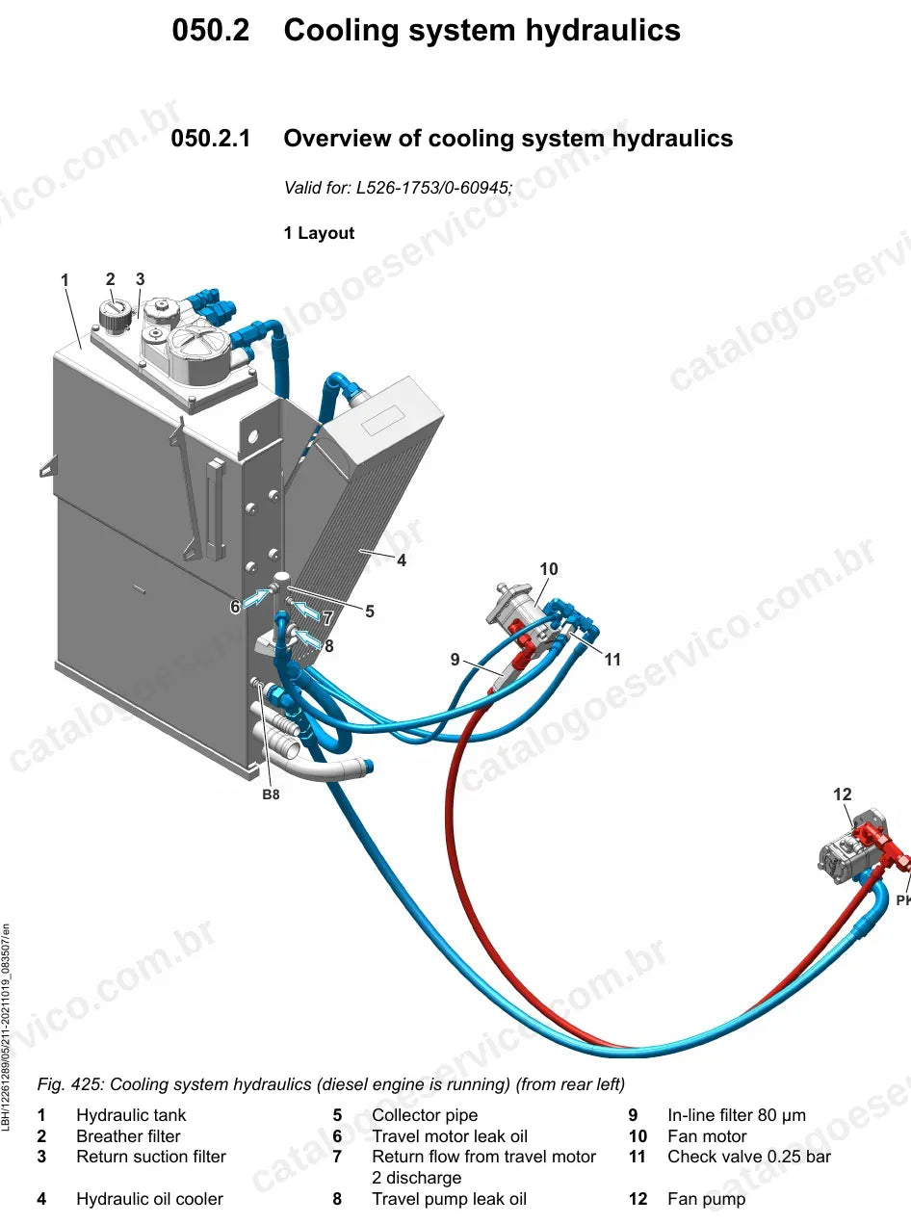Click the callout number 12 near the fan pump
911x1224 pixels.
(842, 794)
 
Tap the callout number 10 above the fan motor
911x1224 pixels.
(549, 568)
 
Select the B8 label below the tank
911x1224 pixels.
(271, 794)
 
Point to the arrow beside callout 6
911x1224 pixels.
(256, 598)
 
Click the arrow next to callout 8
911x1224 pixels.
(308, 638)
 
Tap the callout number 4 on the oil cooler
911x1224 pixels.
(402, 560)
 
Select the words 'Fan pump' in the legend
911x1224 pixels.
(706, 1199)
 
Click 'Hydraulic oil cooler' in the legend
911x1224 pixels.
(149, 1199)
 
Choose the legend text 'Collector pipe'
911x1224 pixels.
(425, 1115)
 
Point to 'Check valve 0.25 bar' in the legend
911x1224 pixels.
(749, 1157)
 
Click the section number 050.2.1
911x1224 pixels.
(211, 138)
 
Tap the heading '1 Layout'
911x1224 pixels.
(319, 233)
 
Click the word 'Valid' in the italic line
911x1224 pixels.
(301, 188)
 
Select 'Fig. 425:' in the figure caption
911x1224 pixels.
(70, 1084)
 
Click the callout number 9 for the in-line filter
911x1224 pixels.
(455, 659)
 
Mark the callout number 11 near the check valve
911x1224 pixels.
(612, 660)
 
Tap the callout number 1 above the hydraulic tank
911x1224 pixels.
(65, 280)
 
